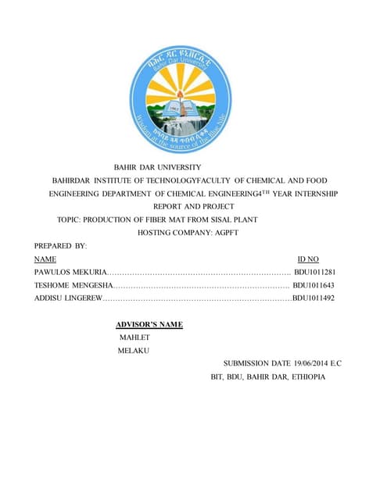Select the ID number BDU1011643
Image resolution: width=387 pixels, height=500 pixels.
tap(314, 286)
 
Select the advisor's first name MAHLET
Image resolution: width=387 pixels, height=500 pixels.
tap(134, 337)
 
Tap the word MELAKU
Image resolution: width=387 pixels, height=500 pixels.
tap(133, 352)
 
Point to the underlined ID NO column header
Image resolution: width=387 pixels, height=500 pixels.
tap(308, 259)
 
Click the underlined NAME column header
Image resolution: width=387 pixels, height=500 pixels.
tap(45, 259)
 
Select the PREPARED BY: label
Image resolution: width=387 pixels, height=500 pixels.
tap(60, 246)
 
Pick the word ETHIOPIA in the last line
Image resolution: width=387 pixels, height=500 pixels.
tap(308, 377)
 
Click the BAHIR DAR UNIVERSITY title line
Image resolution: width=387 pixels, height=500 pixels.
tap(158, 167)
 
